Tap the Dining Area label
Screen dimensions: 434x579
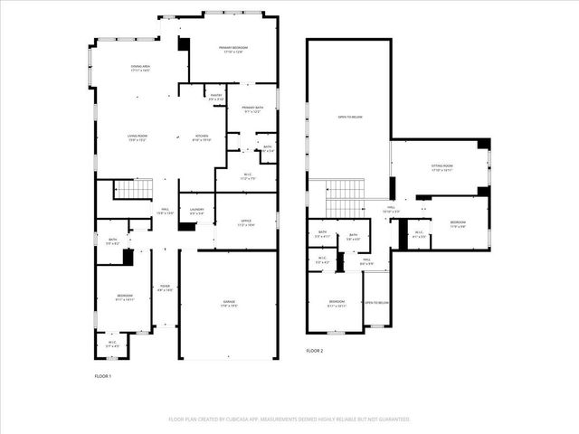[139, 68]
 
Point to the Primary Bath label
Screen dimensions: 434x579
[252, 109]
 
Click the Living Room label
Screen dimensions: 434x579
[137, 137]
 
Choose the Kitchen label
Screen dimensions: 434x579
[202, 137]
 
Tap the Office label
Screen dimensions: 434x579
[245, 221]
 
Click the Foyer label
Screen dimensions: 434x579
[165, 289]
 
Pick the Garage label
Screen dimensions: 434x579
[228, 305]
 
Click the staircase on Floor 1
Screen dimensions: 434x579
[133, 189]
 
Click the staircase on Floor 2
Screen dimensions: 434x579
[344, 197]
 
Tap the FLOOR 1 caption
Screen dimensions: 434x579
[104, 375]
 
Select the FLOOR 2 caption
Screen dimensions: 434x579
[314, 350]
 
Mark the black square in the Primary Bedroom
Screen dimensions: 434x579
[185, 43]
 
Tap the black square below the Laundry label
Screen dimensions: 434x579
[187, 227]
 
